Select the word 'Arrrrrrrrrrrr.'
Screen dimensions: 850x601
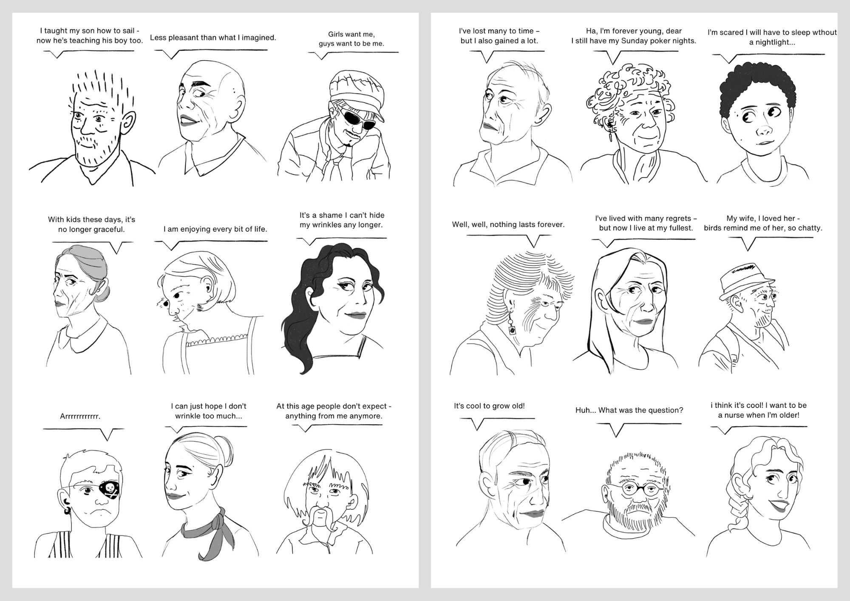80,417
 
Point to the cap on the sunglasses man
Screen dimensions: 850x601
356,90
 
